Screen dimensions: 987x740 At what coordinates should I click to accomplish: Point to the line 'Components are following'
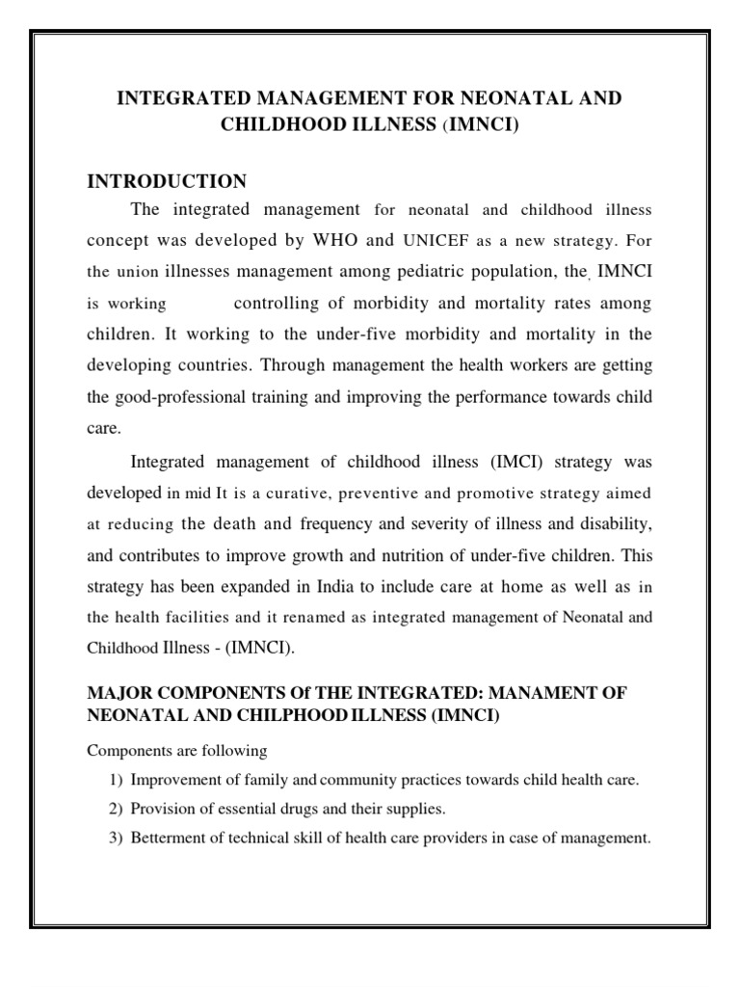pos(176,750)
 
